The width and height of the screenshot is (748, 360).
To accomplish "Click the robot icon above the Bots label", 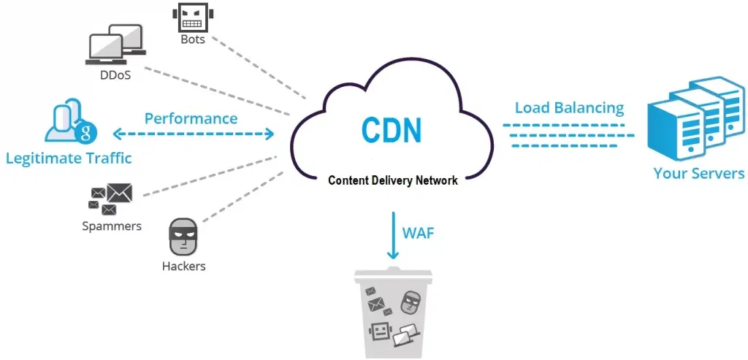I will coord(193,17).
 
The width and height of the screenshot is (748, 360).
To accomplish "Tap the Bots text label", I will coord(193,39).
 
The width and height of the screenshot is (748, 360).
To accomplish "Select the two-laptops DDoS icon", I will coord(115,47).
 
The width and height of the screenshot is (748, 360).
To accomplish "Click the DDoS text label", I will coord(115,74).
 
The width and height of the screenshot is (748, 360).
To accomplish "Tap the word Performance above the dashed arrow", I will coord(191,118).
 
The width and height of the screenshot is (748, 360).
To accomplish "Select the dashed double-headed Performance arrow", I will coord(194,134).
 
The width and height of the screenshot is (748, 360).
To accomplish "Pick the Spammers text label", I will coord(112,226).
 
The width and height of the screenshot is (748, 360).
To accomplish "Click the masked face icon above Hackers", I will coord(183,235).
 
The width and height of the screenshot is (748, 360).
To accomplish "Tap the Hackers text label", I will coord(183,266).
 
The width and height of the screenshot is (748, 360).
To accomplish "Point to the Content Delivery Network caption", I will coord(393,180).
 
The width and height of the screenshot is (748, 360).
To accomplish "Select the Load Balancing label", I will coord(569,108).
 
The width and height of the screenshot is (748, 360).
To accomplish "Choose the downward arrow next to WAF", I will coord(393,235).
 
